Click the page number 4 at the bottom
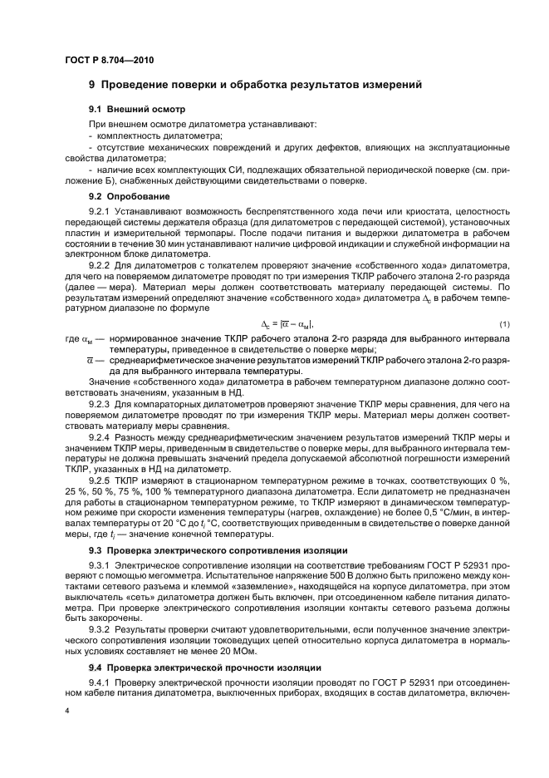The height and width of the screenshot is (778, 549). [x=67, y=711]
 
